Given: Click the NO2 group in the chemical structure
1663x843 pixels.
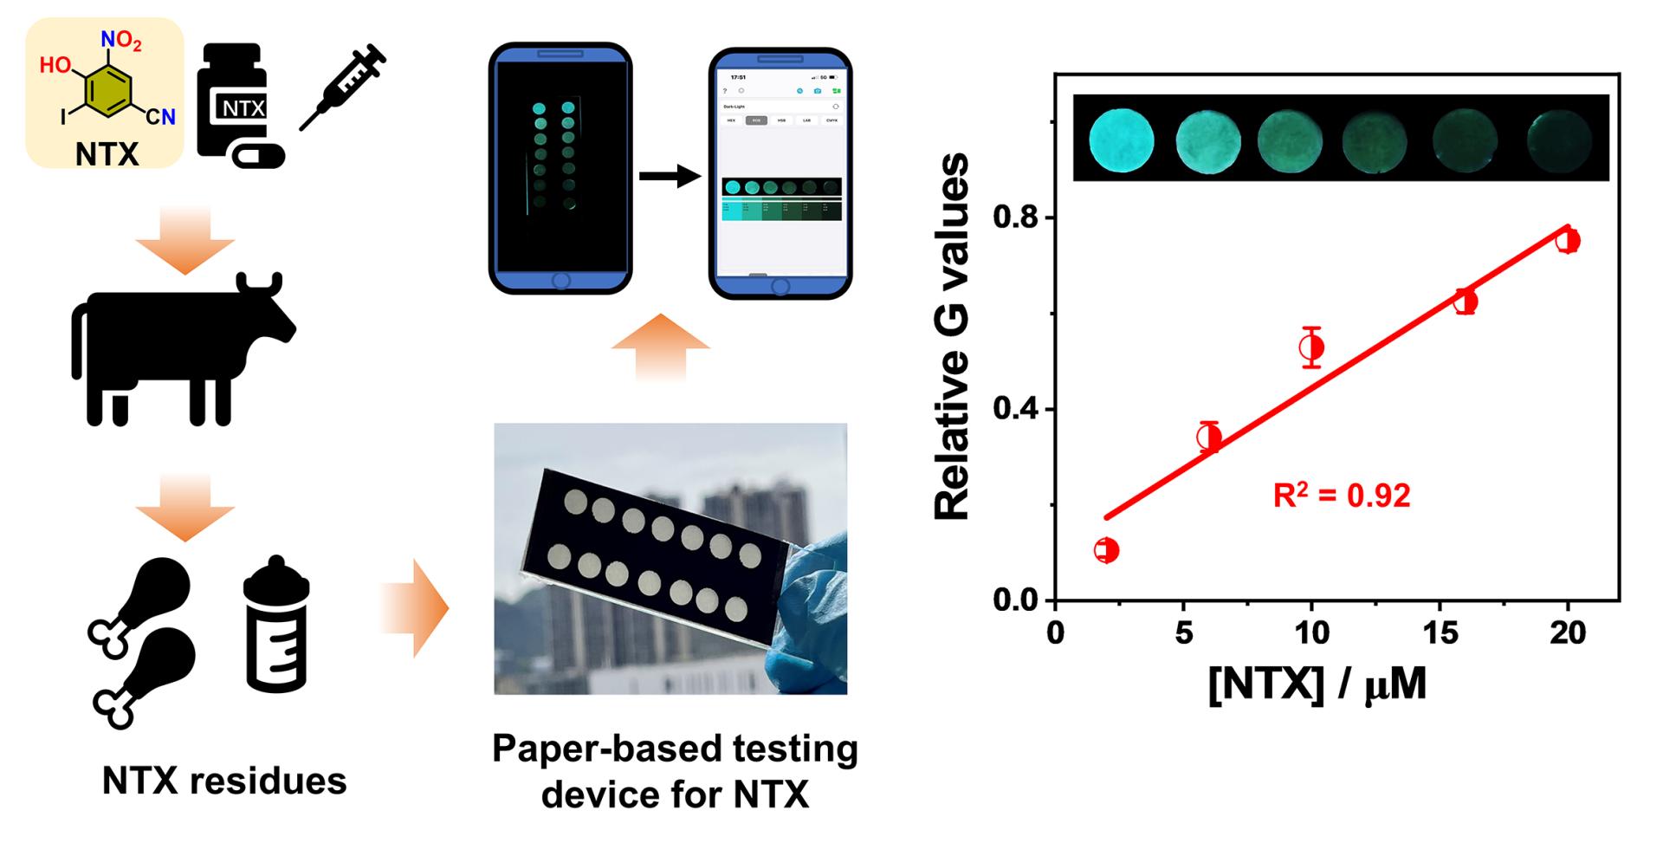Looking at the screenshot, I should tap(121, 40).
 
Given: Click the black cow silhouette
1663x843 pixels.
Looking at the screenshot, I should tap(182, 347).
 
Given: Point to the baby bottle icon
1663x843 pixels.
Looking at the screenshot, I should tap(276, 624).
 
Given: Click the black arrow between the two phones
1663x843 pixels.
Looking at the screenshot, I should tap(670, 178).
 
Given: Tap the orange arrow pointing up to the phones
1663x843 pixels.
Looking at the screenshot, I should tap(660, 347).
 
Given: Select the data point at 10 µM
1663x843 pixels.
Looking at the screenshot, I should tap(1311, 347).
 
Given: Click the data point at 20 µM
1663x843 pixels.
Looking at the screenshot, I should tap(1567, 240).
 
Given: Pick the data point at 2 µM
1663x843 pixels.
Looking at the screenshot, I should tap(1106, 550).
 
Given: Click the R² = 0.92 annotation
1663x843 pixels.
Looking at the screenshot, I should tap(1342, 496).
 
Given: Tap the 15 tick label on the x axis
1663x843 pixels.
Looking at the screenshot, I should tap(1440, 633).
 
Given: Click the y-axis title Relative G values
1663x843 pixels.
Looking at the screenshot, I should tap(953, 338).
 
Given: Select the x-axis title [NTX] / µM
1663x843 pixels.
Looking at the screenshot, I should tap(1317, 684).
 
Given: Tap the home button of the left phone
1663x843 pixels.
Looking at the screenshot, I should tap(560, 281).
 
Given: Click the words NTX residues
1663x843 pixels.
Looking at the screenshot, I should tap(224, 781).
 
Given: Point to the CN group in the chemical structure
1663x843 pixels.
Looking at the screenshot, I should tap(160, 116).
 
